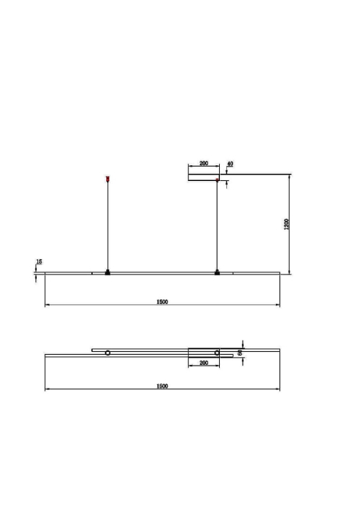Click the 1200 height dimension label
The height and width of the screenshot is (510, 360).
click(287, 224)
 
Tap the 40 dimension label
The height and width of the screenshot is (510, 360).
click(230, 164)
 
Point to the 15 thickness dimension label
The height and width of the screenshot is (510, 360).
click(39, 261)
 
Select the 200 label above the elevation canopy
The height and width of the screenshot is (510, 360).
click(204, 163)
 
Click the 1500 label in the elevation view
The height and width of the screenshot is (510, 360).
click(162, 302)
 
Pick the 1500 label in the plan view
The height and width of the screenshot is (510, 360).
click(162, 386)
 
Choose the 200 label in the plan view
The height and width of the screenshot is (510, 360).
click(204, 363)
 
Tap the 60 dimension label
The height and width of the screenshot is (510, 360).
click(240, 353)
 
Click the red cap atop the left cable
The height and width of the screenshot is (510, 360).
click(108, 179)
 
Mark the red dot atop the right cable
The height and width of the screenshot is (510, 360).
click(217, 179)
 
